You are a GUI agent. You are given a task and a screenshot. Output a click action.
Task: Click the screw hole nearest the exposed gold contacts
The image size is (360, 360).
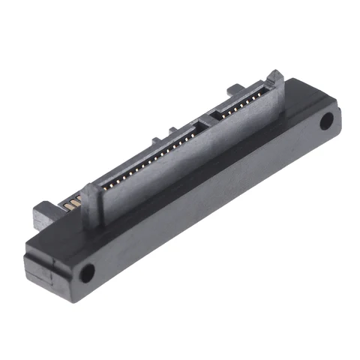pos(87,272)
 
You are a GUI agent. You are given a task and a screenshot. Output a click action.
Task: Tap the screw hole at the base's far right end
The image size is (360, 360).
pos(327,121)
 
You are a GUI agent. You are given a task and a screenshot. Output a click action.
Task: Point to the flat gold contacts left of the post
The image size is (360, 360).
pos(73,203)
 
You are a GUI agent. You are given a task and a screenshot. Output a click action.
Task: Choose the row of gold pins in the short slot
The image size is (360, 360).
pos(238,105)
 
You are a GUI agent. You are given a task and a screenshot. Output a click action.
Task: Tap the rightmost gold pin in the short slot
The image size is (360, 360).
pos(261,94)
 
